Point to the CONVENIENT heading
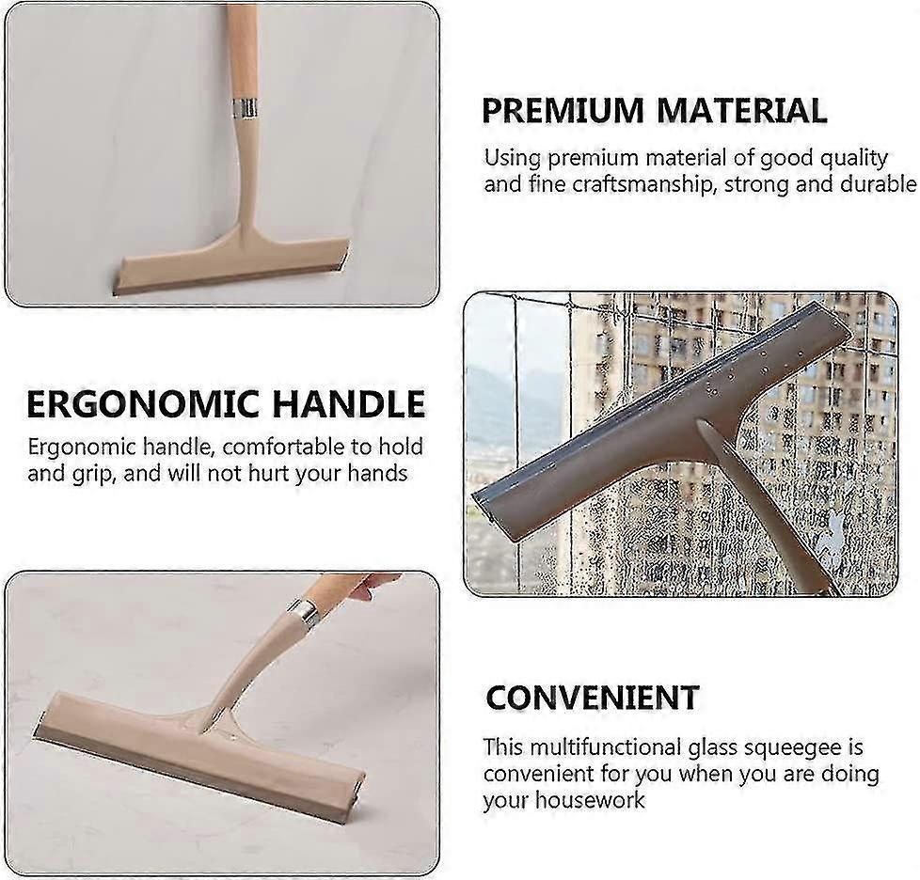592,698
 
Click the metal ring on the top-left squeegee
244,107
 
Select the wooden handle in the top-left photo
241,47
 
